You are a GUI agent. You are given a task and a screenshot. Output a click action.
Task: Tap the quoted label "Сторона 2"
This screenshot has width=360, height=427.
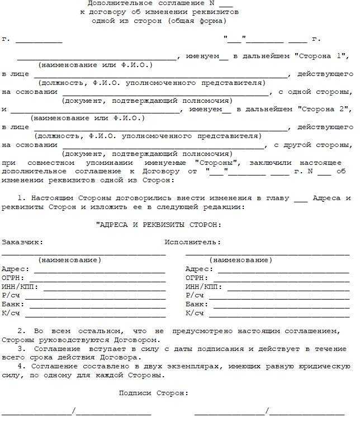325,109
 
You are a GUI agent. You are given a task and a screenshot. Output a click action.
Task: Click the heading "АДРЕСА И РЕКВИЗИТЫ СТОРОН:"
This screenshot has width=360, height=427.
159,225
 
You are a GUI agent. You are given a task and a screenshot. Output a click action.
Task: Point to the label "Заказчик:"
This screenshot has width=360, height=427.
22,242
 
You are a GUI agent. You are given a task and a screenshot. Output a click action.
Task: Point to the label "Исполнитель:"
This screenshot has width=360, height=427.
193,242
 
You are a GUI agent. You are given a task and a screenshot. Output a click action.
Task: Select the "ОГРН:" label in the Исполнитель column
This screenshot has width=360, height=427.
197,278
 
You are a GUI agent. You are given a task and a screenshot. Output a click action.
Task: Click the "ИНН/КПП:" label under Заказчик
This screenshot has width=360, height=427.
21,287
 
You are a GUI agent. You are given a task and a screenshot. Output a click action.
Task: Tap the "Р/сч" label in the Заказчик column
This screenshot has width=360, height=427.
11,295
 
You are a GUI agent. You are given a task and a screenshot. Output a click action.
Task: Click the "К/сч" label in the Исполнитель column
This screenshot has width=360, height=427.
195,313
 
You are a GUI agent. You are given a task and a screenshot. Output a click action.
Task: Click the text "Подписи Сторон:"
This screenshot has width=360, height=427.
154,393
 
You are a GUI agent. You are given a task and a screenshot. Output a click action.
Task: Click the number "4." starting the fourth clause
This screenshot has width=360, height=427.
21,366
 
